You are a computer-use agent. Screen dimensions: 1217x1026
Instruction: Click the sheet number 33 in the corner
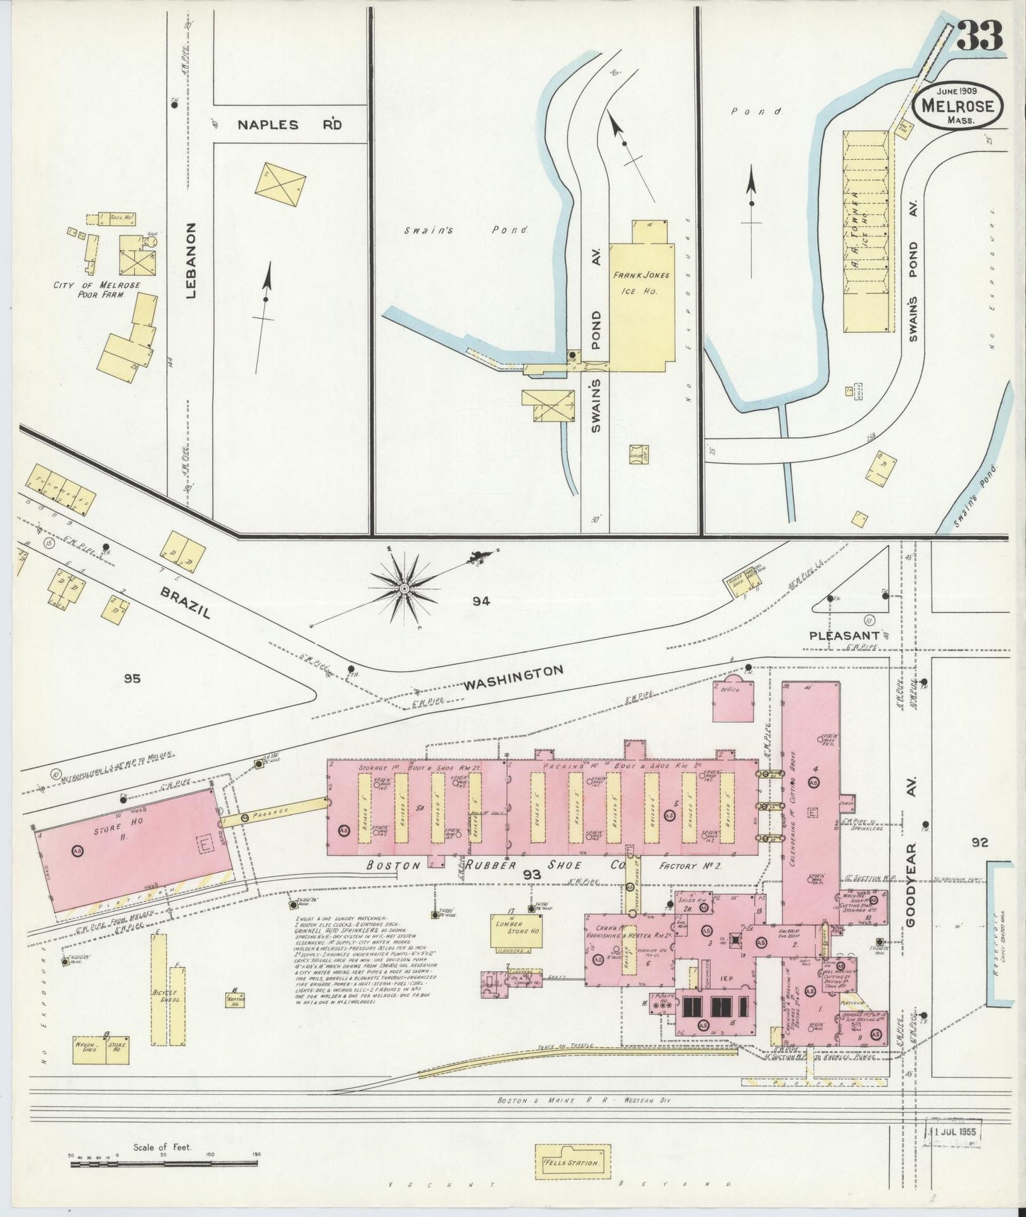pos(980,36)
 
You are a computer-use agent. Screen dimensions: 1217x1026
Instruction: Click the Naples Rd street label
pos(290,125)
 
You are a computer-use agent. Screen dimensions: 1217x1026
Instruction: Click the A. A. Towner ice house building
pos(866,231)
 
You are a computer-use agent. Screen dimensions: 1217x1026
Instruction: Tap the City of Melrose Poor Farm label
pos(97,290)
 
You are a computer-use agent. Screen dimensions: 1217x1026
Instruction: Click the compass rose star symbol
pos(403,588)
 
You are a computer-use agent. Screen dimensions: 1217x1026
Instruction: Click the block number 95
pos(131,679)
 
